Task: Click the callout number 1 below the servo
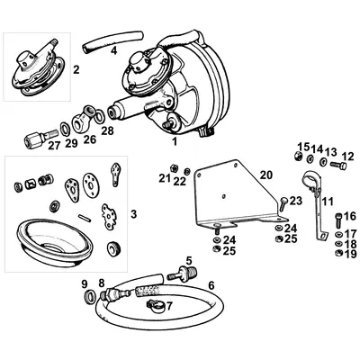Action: click(x=174, y=141)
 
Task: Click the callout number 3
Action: click(x=133, y=213)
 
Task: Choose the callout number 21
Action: click(x=164, y=178)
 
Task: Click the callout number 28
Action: click(x=108, y=131)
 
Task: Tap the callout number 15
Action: click(x=303, y=147)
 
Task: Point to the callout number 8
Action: click(x=101, y=283)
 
